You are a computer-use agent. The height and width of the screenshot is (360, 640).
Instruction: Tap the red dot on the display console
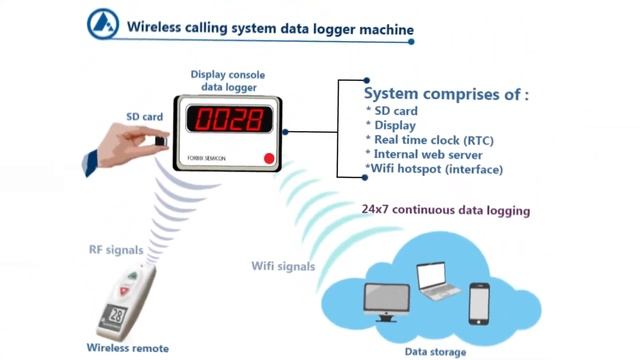tap(267, 158)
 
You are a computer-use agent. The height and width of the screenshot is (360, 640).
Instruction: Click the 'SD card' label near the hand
tap(145, 117)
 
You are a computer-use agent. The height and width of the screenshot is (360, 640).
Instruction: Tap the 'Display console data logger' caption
tap(229, 81)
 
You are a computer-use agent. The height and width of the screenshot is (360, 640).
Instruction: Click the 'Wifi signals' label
tap(283, 266)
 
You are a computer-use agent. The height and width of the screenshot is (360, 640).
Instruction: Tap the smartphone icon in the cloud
tap(481, 304)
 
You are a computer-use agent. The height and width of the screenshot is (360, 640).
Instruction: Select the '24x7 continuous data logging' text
tap(445, 211)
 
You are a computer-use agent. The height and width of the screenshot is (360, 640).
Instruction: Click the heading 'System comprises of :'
tap(446, 93)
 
